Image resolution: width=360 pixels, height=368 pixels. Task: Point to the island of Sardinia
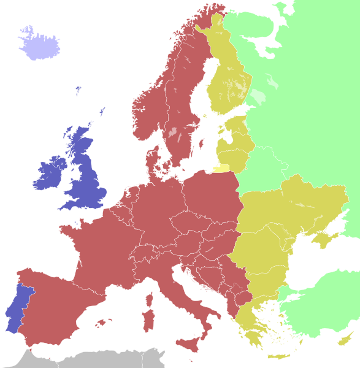[148, 320]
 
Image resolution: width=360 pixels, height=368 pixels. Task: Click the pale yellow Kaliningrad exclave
[221, 167]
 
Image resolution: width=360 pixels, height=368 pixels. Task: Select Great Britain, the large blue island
[86, 178]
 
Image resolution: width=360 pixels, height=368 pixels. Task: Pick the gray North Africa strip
[92, 358]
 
